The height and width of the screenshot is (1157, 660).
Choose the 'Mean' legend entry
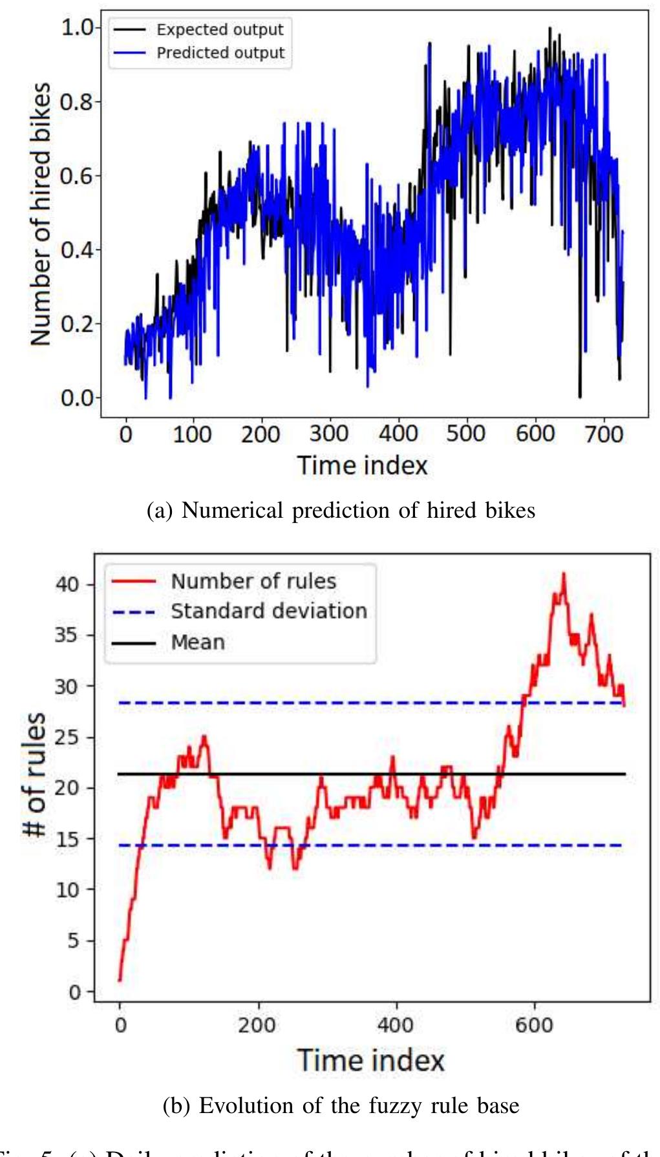(198, 642)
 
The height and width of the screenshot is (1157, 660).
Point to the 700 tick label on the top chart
(604, 434)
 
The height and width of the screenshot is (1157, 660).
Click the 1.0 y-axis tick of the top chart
(77, 28)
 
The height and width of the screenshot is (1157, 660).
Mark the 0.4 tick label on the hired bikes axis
(77, 249)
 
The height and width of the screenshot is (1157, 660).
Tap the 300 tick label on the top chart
(329, 434)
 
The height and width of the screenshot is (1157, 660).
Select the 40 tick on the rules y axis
(67, 584)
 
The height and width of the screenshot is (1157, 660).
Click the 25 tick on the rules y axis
(67, 737)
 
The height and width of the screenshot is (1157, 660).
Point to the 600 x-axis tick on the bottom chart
(534, 1025)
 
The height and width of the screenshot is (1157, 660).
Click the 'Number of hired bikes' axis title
(40, 214)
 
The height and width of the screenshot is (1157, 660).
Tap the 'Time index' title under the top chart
(362, 465)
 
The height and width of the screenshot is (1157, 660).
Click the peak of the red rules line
(564, 574)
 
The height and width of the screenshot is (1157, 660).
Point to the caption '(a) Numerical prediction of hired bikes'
(341, 511)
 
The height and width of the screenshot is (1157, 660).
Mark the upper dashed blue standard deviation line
(323, 703)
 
